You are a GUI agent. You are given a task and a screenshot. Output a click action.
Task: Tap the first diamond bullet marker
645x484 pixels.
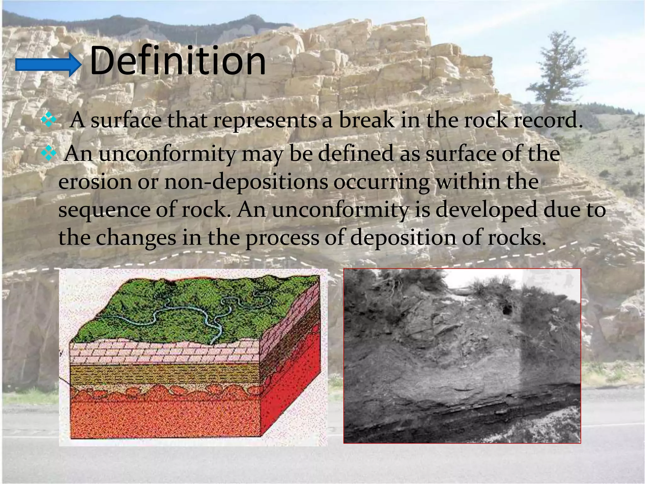click(x=49, y=121)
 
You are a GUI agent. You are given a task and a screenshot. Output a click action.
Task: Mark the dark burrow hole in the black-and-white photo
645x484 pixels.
click(x=507, y=310)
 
